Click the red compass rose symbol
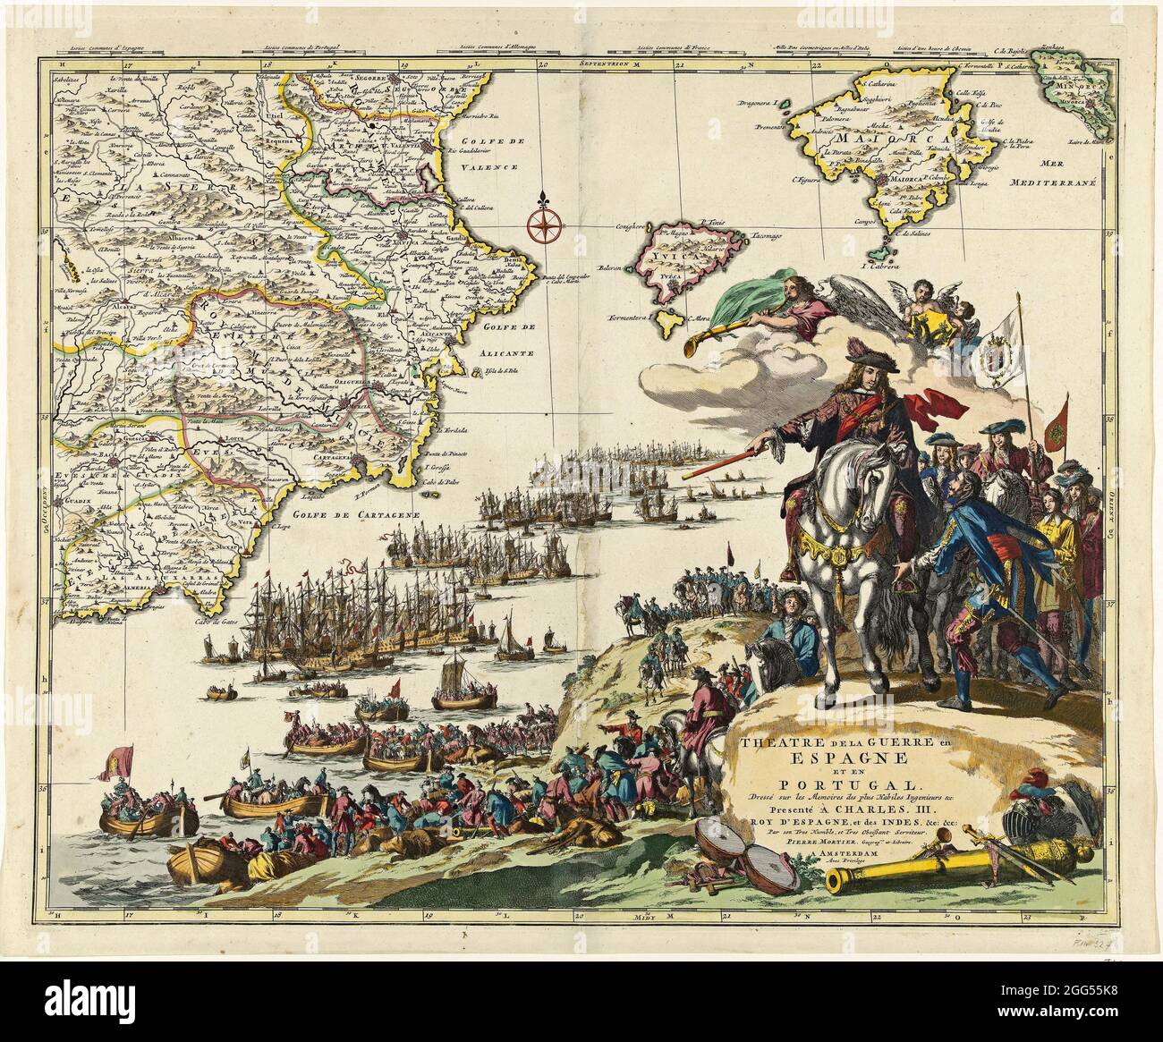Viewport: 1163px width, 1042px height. coord(542,224)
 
